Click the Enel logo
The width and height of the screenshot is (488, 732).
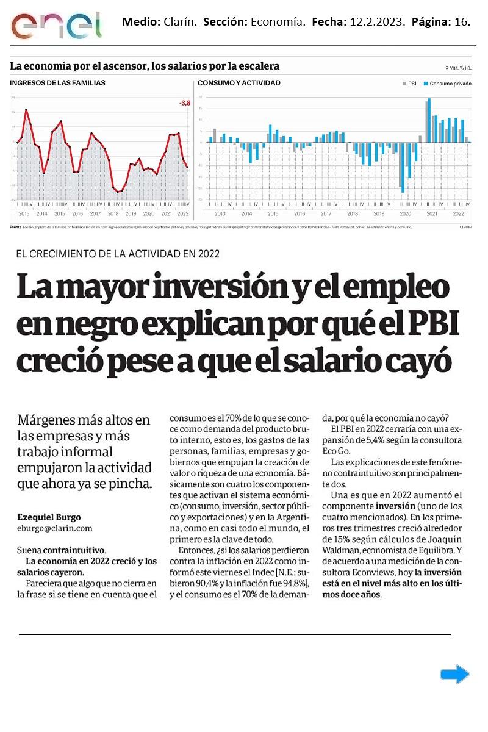[56, 25]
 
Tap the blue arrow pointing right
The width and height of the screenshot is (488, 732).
[454, 674]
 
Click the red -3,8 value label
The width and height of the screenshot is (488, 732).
[185, 103]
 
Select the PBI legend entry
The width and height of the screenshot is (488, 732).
[411, 84]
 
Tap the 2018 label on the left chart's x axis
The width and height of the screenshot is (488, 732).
[113, 214]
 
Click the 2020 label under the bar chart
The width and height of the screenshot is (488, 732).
[405, 214]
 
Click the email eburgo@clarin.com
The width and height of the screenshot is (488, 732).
[55, 528]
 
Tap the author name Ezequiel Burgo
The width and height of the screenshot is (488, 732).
[49, 517]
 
